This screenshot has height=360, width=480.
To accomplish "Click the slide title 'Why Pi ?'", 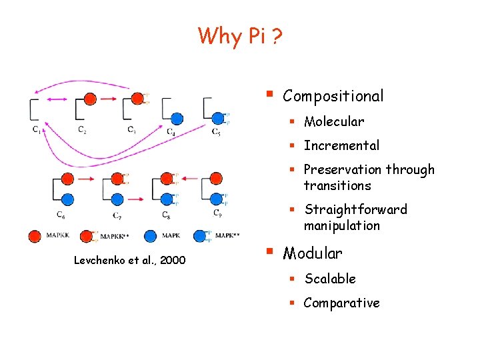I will pos(240,35).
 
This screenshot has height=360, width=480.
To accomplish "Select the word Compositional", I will pos(333,96).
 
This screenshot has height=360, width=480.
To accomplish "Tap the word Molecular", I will pos(334,121).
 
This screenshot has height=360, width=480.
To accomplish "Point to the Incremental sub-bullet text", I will pos(341,145).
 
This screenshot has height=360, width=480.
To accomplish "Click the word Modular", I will pos(313,253).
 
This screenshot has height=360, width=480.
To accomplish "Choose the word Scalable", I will pos(330,279).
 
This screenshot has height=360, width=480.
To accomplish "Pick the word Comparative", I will pos(341,303).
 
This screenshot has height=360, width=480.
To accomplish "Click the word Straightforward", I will pos(355,209).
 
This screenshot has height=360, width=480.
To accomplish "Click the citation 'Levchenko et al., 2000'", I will pos(130,259).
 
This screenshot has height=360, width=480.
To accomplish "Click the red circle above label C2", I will pos(90,99).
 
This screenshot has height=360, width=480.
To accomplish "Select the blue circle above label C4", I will pos(176,119).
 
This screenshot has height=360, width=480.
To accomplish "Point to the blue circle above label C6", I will pos(67,199).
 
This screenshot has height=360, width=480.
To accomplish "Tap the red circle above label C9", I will pos(215,178).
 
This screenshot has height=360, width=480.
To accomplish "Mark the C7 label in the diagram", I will pos(117,215).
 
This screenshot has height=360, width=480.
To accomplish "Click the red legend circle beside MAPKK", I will pos(35,235).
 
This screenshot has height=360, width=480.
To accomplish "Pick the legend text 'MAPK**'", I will pos(227,235).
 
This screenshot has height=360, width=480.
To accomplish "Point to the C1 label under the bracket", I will pos(37,130).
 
